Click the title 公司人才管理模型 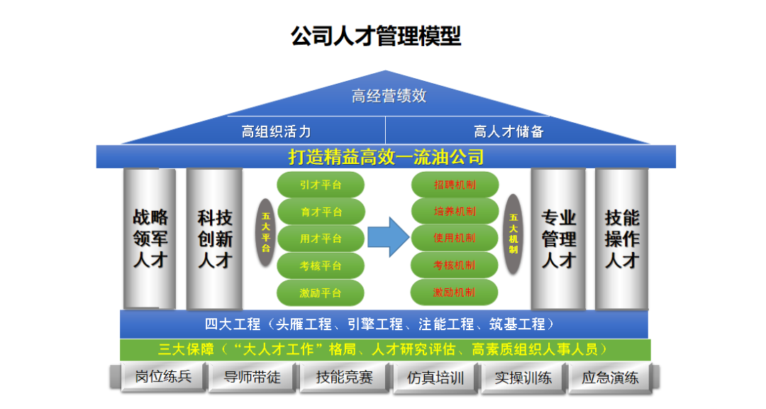(x=376, y=36)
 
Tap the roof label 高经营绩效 (x=389, y=96)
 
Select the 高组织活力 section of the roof (x=276, y=131)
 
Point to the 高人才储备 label (x=509, y=131)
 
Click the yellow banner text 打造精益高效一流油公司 (x=386, y=156)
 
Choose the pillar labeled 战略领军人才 (x=150, y=239)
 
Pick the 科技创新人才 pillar (x=214, y=239)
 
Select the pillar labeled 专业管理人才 (x=558, y=239)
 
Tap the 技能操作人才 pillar (x=621, y=239)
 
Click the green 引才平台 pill (x=321, y=185)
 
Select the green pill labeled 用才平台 (x=321, y=239)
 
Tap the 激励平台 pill (x=321, y=293)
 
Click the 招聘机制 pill (x=455, y=185)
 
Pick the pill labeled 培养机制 (x=455, y=212)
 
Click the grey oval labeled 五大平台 (x=266, y=233)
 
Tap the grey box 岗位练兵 (x=162, y=376)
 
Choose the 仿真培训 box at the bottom (x=435, y=377)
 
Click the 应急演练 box (x=610, y=377)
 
